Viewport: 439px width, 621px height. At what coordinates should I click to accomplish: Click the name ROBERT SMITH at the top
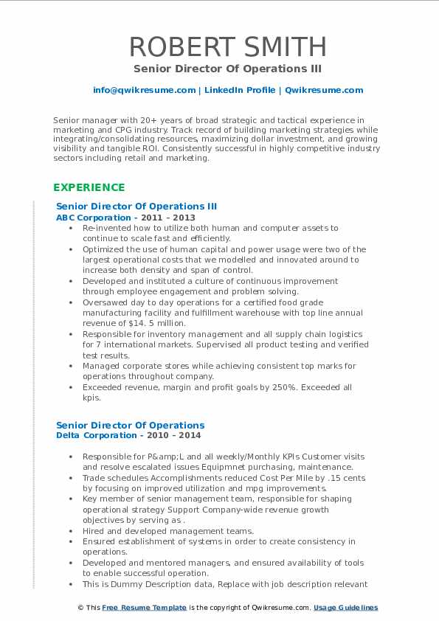point(227,46)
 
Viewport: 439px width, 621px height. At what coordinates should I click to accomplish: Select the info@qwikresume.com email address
point(144,90)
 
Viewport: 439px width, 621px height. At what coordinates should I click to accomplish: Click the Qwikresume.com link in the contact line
point(325,90)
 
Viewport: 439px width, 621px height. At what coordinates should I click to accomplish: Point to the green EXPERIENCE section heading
point(89,187)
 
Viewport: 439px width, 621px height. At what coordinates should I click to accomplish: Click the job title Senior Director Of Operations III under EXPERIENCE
point(136,207)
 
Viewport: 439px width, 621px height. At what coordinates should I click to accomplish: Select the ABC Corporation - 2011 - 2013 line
point(125,218)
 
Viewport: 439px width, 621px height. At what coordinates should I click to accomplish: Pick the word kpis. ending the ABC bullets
point(92,398)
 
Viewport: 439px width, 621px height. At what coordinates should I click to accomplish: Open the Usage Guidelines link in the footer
point(345,608)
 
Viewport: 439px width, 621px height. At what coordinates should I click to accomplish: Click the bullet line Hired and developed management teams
point(167,531)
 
